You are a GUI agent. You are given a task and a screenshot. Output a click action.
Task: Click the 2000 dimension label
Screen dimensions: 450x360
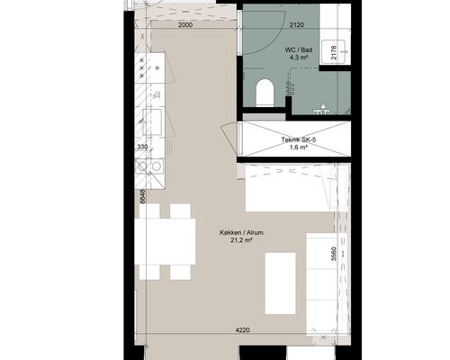[185, 25]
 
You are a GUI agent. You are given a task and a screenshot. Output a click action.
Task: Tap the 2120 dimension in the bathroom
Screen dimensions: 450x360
[296, 25]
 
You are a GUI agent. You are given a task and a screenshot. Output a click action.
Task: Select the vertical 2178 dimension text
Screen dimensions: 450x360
[334, 52]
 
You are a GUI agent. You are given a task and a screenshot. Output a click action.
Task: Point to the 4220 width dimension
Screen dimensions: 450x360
[242, 330]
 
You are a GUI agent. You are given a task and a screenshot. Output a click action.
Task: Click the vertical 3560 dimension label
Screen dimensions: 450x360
[334, 254]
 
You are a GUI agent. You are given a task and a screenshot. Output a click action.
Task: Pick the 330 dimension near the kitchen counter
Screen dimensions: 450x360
[142, 147]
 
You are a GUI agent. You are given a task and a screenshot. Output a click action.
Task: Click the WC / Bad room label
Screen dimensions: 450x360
[299, 50]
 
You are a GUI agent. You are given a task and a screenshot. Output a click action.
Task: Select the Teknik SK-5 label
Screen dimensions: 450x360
[299, 139]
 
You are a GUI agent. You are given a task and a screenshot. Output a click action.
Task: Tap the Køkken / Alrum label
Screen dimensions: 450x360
[241, 232]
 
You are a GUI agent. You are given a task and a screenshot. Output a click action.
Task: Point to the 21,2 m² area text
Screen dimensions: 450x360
[241, 239]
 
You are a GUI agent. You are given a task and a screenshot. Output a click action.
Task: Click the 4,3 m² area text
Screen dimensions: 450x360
[300, 58]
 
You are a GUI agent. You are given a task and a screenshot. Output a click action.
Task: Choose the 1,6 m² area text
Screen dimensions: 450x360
[299, 147]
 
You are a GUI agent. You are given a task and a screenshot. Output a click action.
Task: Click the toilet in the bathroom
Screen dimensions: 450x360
[265, 93]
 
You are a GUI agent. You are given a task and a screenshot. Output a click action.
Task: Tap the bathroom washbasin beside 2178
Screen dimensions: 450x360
[335, 51]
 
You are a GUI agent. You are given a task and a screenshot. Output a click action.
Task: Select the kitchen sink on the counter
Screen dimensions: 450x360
[152, 121]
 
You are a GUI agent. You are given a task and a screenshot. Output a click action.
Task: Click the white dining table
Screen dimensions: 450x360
[166, 242]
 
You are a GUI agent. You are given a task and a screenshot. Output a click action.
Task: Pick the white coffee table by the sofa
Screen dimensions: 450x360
[280, 283]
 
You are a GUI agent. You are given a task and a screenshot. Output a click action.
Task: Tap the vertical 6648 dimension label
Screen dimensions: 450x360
[143, 196]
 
